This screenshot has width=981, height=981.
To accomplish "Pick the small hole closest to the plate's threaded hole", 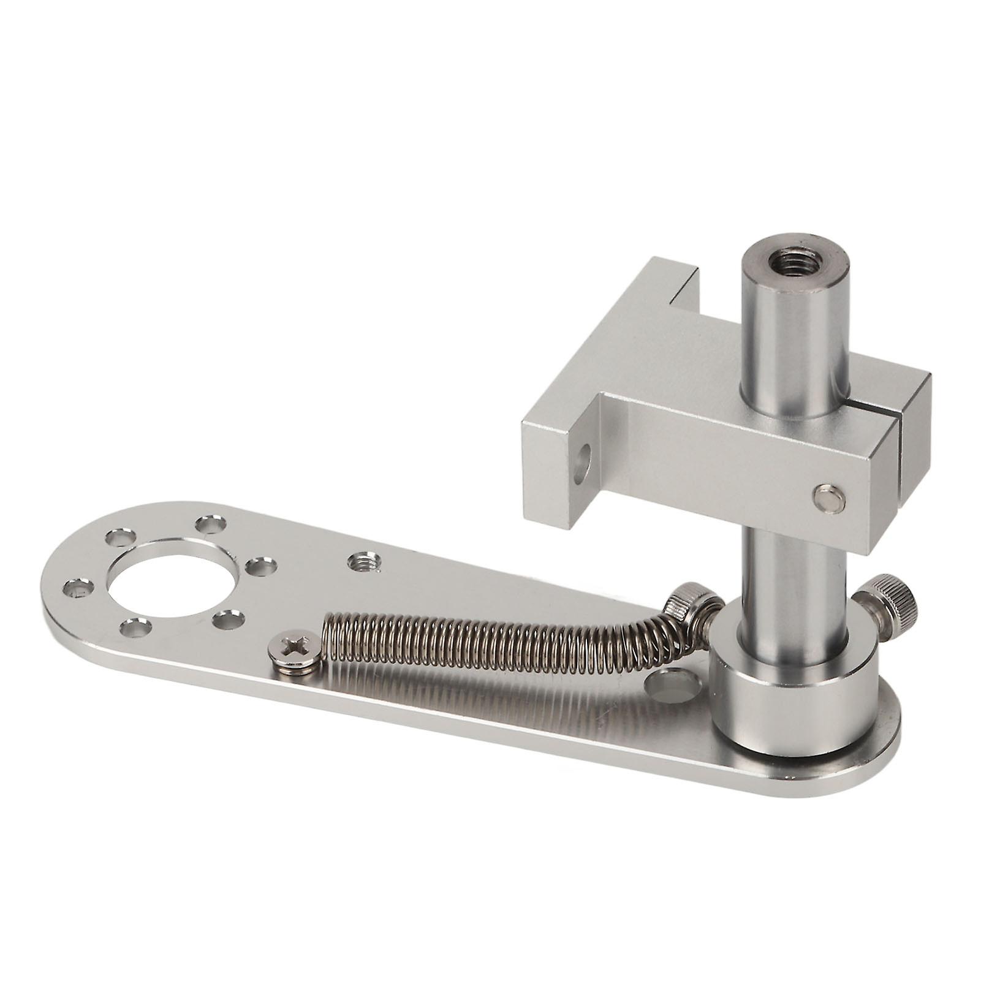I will click(x=265, y=566).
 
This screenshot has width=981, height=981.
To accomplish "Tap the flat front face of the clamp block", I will click(x=717, y=466).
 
